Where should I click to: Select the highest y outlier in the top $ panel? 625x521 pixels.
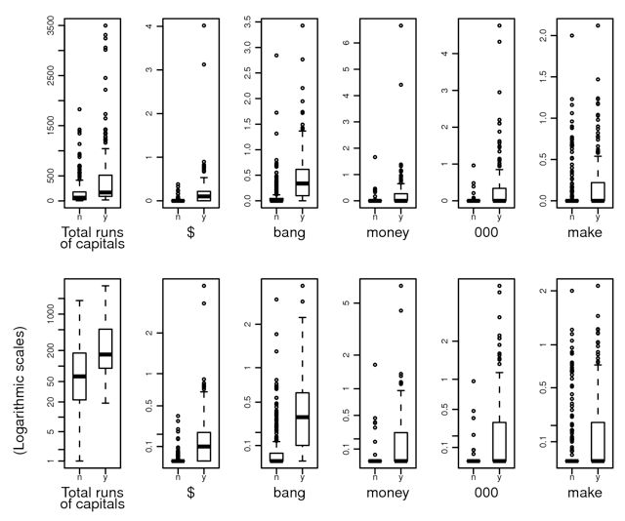point(203,25)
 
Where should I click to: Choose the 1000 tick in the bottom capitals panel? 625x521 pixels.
point(37,311)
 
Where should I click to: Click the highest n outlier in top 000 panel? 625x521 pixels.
point(473,166)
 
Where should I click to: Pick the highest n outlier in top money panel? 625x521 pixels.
point(374,156)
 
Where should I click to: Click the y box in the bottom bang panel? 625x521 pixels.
point(302,418)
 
